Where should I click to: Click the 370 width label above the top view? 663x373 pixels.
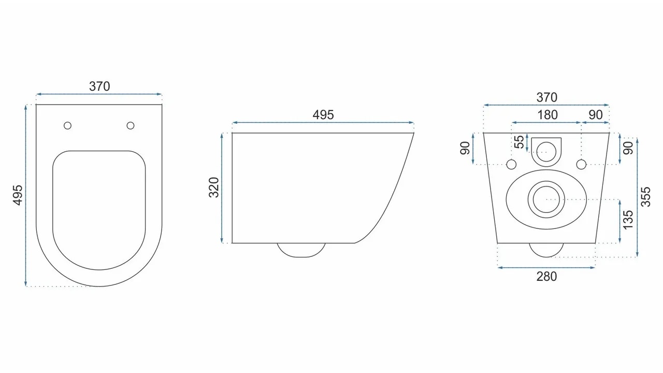99,87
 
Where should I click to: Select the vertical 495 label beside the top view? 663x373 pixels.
18,195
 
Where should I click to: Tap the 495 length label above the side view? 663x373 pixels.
323,115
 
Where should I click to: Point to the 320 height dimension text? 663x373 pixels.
214,188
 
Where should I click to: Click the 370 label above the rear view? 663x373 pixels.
546,97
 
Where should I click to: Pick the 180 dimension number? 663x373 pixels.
547,115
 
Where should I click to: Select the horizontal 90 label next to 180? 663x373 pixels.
596,115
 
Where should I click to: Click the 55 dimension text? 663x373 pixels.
519,142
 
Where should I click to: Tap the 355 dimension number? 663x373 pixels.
645,196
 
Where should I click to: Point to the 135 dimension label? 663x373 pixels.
628,220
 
